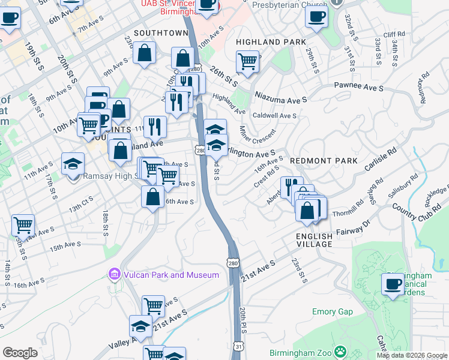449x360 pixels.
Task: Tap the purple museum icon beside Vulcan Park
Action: click(x=114, y=275)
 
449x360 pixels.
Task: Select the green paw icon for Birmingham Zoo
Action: click(x=340, y=351)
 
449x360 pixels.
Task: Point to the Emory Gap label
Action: click(x=332, y=311)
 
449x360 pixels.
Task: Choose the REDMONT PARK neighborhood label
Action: click(x=324, y=161)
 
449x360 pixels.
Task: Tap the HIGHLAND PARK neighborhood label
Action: click(x=267, y=42)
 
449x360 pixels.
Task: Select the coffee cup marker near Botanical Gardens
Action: click(x=394, y=284)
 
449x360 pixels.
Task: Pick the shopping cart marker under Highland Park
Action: click(x=247, y=61)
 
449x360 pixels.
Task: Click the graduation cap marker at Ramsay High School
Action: click(x=73, y=163)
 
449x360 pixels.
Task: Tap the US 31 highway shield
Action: click(x=239, y=347)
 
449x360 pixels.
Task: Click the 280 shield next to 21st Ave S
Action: click(x=234, y=262)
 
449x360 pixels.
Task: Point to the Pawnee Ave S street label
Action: click(x=359, y=88)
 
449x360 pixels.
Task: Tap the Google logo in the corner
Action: click(x=20, y=353)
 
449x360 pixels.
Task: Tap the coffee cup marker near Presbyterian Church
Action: click(x=316, y=17)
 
